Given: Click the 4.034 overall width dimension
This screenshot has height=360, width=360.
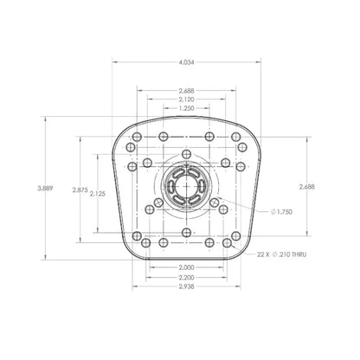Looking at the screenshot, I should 186,62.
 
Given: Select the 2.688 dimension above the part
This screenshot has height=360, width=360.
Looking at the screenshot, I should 186,90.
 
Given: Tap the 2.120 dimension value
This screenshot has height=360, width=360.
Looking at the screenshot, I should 186,100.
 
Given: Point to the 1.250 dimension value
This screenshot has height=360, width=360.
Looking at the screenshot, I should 186,109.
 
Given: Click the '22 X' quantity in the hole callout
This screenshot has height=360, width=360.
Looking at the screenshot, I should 262,255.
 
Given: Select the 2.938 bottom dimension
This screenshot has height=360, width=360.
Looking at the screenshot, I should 186,286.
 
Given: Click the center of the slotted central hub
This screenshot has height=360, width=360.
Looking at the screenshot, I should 186,188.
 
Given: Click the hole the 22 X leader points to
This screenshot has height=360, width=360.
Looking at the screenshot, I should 227,244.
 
